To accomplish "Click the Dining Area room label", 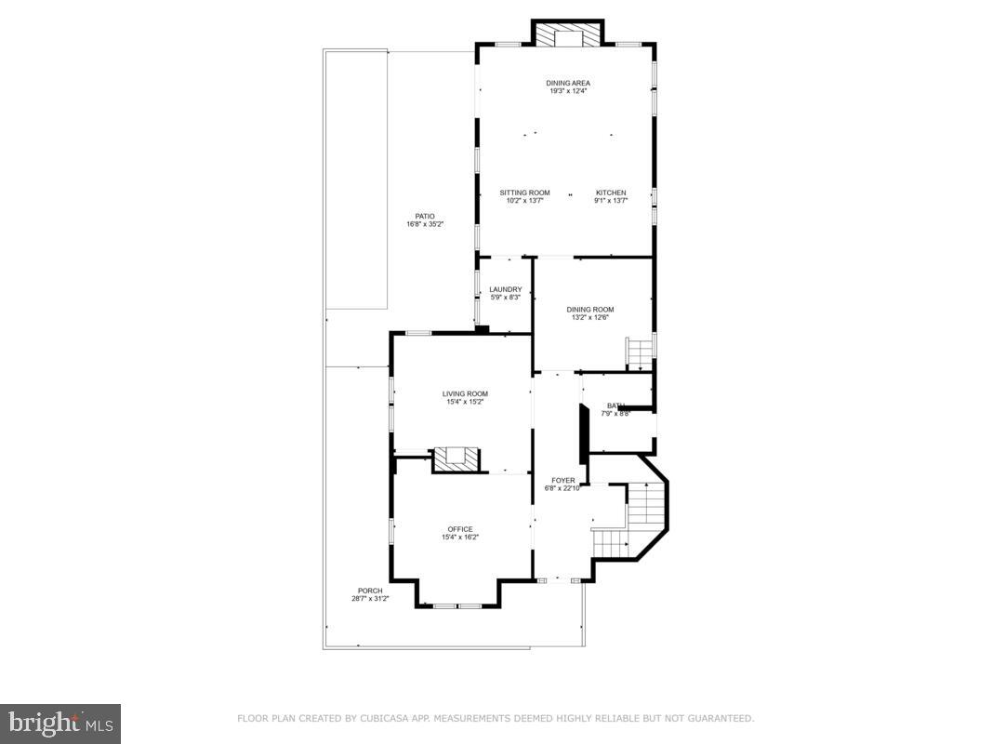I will tap(567, 83).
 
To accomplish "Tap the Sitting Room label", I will tap(524, 193).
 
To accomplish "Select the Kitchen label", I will tap(611, 193).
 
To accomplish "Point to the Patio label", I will tap(425, 216).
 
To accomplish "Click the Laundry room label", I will tap(505, 289).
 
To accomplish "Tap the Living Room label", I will tap(465, 393).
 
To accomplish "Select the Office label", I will tap(460, 529).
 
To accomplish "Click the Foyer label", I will tap(562, 481).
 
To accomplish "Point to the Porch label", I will tap(370, 591).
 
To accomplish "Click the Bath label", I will tap(615, 405).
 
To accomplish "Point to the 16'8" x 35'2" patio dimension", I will tap(426, 224).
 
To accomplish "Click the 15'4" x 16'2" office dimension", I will tap(460, 537).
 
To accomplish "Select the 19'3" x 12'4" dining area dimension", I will tap(567, 91).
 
